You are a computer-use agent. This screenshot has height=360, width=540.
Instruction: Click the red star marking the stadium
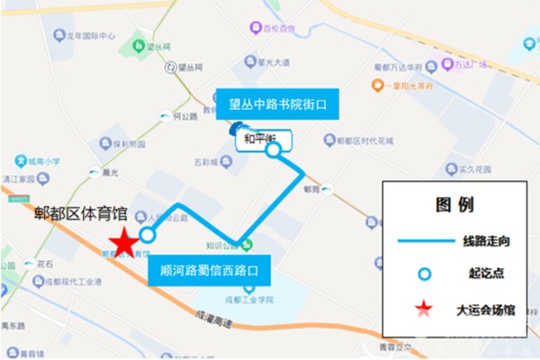(x=123, y=241)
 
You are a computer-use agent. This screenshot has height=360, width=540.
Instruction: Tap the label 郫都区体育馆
(x=79, y=214)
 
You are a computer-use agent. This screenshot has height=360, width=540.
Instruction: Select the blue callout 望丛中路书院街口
(x=270, y=104)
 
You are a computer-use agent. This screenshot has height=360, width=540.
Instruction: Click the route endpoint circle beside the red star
(x=148, y=235)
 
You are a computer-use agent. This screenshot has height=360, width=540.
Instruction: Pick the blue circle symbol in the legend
(x=423, y=274)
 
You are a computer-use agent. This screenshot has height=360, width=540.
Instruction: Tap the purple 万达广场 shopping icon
(x=460, y=66)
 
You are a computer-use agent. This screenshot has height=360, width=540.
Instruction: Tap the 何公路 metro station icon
(x=165, y=116)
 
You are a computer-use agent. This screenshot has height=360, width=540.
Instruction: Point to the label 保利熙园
(x=129, y=143)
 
